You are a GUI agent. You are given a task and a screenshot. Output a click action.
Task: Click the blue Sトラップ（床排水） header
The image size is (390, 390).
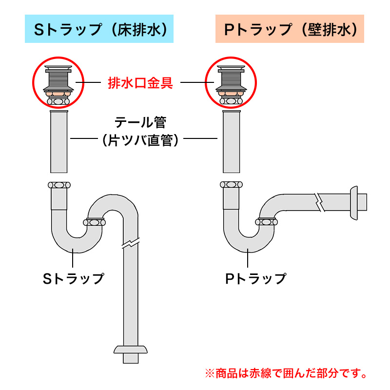pyautogui.click(x=99, y=29)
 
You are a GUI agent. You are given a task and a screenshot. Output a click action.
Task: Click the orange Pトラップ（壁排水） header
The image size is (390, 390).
pyautogui.click(x=290, y=29)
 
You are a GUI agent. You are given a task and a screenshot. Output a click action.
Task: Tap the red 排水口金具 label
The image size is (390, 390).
pyautogui.click(x=140, y=83)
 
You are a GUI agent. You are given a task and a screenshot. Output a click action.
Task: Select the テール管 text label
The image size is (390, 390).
pyautogui.click(x=140, y=122)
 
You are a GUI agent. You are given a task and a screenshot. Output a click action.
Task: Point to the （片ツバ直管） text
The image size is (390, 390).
pyautogui.click(x=140, y=140)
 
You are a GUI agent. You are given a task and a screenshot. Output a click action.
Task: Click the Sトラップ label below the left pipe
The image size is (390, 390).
pyautogui.click(x=74, y=278)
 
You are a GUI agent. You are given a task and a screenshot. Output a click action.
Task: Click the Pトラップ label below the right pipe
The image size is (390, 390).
pyautogui.click(x=256, y=278)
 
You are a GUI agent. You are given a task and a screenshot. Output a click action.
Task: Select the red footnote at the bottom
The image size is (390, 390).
pyautogui.click(x=286, y=373)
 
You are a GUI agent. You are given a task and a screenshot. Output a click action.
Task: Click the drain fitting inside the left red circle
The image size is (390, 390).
pyautogui.click(x=58, y=85)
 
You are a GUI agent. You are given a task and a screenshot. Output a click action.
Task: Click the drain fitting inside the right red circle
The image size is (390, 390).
pyautogui.click(x=231, y=85)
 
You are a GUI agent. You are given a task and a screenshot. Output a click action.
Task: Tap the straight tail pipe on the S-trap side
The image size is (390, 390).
pyautogui.click(x=58, y=141)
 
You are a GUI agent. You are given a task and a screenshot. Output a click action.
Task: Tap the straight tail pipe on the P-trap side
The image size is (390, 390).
pyautogui.click(x=231, y=141)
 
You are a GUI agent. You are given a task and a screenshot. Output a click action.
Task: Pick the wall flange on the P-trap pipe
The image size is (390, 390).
pyautogui.click(x=354, y=203)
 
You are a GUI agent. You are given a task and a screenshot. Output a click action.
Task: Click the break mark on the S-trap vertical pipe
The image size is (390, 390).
pyautogui.click(x=131, y=244)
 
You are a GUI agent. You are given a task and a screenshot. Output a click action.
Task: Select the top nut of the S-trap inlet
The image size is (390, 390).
pyautogui.click(x=59, y=185)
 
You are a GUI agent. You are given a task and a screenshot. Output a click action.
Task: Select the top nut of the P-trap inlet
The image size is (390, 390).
pyautogui.click(x=231, y=185)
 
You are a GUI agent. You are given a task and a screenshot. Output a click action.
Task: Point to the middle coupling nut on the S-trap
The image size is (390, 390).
pyautogui.click(x=94, y=222)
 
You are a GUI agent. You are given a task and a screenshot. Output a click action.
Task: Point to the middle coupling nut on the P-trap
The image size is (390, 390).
pyautogui.click(x=266, y=222)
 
